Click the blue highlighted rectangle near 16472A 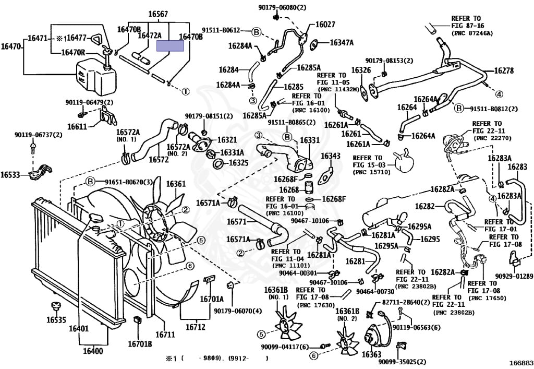pyautogui.click(x=171, y=45)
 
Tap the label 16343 pyautogui.click(x=331, y=156)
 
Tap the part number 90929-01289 pyautogui.click(x=514, y=276)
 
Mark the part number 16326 pyautogui.click(x=361, y=70)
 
